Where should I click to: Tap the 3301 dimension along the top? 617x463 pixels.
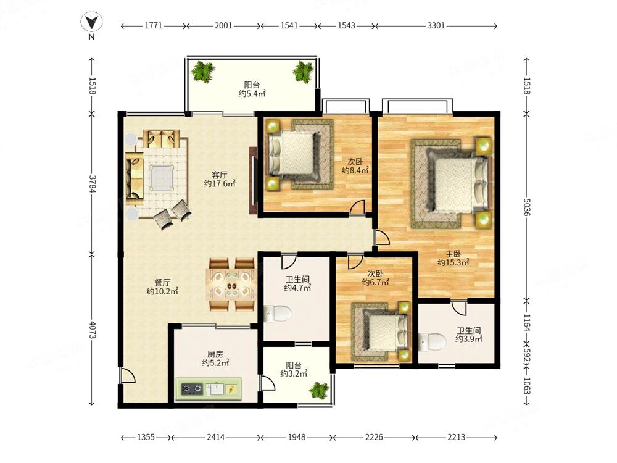click(x=436, y=25)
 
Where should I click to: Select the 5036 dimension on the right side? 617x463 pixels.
click(x=527, y=206)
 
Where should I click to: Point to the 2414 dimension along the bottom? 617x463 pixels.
click(x=215, y=436)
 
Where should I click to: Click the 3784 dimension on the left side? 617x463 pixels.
click(x=92, y=184)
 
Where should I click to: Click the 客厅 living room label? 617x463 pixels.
click(x=219, y=175)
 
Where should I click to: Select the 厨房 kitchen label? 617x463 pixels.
click(x=215, y=354)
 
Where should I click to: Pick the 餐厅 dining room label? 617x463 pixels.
click(x=162, y=282)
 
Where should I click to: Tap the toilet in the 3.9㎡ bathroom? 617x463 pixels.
click(x=432, y=342)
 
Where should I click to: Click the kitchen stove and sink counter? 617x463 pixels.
click(x=209, y=389)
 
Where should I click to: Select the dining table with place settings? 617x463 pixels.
click(x=231, y=285)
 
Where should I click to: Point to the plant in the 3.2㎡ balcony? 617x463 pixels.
click(x=319, y=391)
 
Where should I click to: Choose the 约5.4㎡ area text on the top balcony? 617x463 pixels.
click(x=252, y=94)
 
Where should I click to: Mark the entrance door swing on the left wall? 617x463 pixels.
click(x=128, y=375)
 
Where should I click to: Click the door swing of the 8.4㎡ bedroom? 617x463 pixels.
click(x=357, y=207)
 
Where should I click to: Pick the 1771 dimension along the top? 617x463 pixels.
click(x=154, y=25)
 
